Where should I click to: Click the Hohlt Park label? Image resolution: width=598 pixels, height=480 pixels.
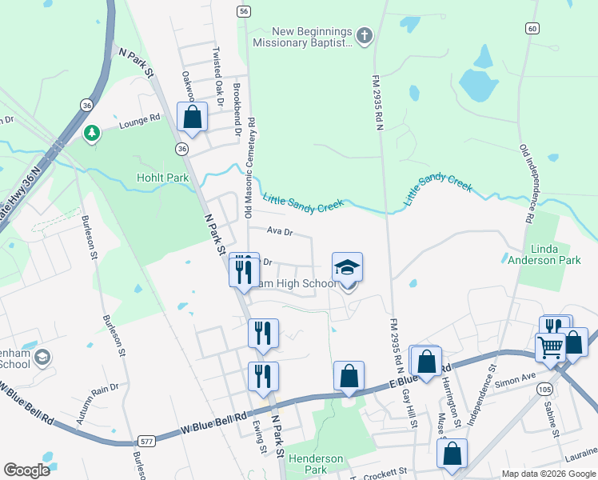pos(162,178)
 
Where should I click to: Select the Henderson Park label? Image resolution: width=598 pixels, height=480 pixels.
pos(315,464)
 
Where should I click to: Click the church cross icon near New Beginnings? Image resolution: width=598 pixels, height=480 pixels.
pos(364,35)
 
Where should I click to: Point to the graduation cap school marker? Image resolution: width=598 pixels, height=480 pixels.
pos(348,267)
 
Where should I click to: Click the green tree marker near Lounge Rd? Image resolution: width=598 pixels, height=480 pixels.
pos(92,132)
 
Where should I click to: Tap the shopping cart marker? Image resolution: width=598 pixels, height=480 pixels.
pos(550,348)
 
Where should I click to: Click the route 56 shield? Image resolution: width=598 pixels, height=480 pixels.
pos(244,11)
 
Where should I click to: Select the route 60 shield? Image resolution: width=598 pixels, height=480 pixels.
pos(532,28)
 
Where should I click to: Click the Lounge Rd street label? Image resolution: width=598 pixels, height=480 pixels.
pos(140,122)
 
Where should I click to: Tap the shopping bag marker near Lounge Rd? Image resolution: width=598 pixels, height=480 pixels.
pos(193,118)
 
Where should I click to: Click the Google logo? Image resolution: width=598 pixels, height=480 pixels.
pos(26,470)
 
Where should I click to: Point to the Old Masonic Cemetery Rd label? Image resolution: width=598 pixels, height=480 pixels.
pos(250,168)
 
